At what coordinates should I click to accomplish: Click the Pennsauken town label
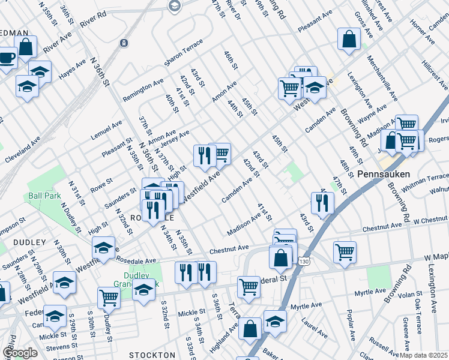(x=383, y=174)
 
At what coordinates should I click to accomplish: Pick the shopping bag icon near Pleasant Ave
(x=349, y=40)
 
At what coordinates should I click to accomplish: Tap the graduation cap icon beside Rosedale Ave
(x=104, y=248)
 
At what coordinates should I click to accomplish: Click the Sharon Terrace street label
(x=183, y=53)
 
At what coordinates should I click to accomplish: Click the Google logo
(x=20, y=353)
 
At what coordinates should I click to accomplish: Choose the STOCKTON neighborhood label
(x=152, y=355)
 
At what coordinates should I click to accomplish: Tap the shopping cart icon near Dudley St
(x=109, y=297)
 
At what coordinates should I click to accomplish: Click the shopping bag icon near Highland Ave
(x=250, y=328)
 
